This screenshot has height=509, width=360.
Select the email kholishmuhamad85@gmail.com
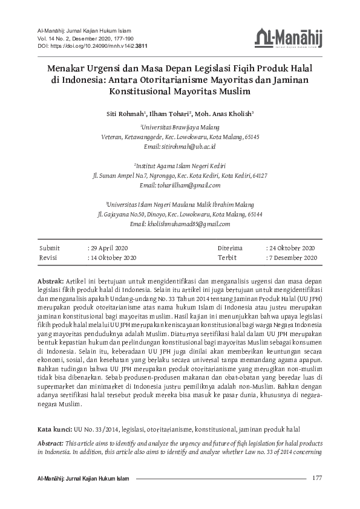pyautogui.click(x=180, y=223)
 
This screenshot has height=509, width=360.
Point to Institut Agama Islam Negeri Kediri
pyautogui.click(x=180, y=166)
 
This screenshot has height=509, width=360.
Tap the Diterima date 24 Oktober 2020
pyautogui.click(x=292, y=248)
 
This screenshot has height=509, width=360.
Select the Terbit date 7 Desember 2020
pyautogui.click(x=293, y=258)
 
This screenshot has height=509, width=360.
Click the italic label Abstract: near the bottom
pyautogui.click(x=51, y=443)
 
